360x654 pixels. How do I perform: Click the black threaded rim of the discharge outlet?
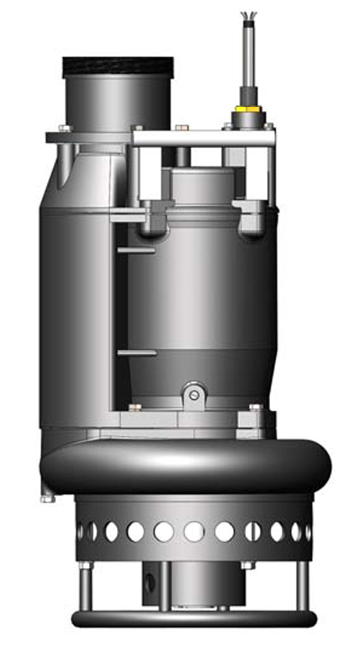(118, 66)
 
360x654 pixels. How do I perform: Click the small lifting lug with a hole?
(194, 394)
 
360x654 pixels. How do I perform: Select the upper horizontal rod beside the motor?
(135, 249)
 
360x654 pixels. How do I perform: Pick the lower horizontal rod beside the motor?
(136, 353)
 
